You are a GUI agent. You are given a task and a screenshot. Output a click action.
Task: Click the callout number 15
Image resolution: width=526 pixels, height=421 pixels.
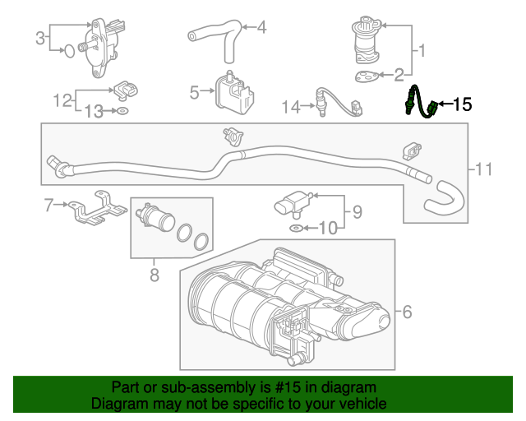click(463, 104)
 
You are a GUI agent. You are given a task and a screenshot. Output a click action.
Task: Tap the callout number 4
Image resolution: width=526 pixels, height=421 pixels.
click(261, 27)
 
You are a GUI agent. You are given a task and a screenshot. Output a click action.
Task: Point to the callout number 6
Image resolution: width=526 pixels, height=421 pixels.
click(407, 312)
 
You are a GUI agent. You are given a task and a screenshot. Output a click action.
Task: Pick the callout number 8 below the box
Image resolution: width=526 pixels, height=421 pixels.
click(155, 275)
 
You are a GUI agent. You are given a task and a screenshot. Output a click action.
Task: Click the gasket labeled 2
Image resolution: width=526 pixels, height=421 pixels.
click(367, 76)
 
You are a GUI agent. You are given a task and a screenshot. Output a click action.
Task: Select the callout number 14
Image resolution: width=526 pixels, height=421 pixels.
click(290, 107)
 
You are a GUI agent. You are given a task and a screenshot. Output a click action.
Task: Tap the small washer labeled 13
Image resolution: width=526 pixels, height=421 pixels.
click(122, 110)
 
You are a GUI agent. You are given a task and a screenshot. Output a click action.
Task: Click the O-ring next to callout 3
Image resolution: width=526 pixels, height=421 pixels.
click(69, 51)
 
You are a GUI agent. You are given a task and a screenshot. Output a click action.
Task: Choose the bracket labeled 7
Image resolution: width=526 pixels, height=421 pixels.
click(98, 209)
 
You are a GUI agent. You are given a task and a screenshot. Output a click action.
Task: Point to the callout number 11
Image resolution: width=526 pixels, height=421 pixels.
click(484, 169)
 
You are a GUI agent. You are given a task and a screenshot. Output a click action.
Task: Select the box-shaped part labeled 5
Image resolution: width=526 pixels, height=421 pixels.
click(233, 93)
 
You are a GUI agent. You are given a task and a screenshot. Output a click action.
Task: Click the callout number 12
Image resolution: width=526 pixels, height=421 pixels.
click(62, 100)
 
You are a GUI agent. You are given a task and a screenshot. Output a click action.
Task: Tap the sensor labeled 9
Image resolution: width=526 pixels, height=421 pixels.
click(293, 203)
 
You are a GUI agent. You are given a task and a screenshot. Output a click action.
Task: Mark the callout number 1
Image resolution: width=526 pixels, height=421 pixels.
click(422, 51)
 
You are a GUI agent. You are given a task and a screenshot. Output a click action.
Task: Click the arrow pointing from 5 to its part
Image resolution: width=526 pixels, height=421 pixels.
click(207, 90)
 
